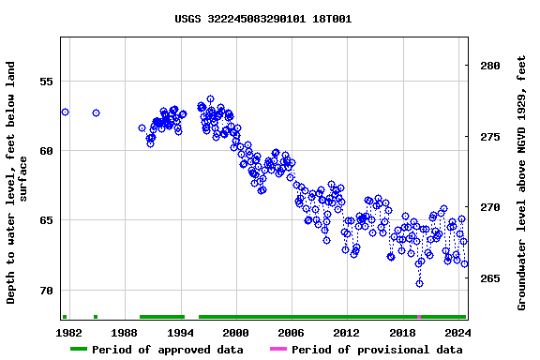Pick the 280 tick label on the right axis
(490, 66)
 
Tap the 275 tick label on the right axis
(490, 137)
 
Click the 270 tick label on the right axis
(490, 207)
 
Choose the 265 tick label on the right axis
(490, 278)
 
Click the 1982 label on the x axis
(69, 332)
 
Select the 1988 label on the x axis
(125, 332)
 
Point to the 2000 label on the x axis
(235, 332)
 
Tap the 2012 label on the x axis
(346, 332)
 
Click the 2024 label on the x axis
(457, 332)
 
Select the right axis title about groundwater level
(522, 183)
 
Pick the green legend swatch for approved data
(79, 350)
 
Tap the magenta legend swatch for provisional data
(278, 350)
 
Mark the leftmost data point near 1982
(65, 112)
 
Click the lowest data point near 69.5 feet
(419, 283)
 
